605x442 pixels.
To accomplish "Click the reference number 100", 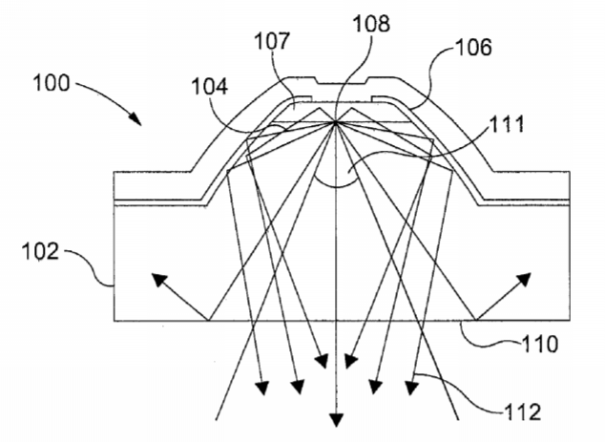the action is tap(52, 83).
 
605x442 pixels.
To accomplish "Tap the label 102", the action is tap(40, 251).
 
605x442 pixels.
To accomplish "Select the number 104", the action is tap(210, 87).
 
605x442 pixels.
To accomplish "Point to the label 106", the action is tap(474, 48).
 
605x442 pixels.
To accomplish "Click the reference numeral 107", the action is tap(272, 41).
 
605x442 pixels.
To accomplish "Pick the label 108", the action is tap(371, 23).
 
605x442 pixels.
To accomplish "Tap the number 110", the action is tap(540, 344).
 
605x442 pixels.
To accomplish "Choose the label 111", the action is tap(507, 124).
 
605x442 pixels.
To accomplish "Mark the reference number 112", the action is tap(522, 411).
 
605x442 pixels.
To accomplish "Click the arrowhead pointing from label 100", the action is tap(136, 118).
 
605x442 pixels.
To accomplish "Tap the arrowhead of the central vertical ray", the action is tap(337, 420).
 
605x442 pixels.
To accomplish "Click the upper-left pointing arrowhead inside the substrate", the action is tap(159, 280).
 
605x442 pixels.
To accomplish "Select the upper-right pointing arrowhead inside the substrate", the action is tap(524, 280).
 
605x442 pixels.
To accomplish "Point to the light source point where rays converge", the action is tap(335, 122).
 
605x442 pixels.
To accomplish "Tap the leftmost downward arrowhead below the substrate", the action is tap(262, 388).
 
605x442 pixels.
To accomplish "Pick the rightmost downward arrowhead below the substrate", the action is tap(411, 388).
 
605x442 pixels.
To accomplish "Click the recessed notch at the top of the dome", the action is tap(341, 81).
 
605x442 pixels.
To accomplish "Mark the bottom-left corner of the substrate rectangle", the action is tap(115, 321).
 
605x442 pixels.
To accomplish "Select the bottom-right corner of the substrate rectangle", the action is tap(570, 321).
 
